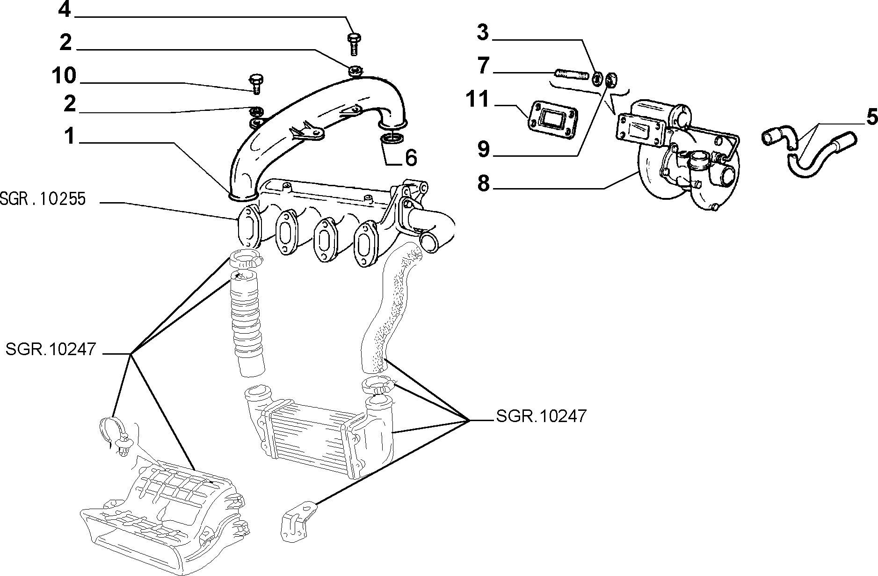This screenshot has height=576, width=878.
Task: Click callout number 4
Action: (64, 10)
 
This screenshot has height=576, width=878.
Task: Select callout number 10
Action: (64, 76)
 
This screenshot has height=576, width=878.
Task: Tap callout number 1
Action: (69, 136)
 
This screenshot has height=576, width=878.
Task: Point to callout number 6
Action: (410, 158)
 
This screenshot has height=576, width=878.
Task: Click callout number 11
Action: (477, 100)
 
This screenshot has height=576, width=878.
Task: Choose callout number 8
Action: (483, 183)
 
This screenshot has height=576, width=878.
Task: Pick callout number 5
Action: (871, 117)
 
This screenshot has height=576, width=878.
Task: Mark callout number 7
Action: (483, 66)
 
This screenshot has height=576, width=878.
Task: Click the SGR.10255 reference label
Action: (43, 199)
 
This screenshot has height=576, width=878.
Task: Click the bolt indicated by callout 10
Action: (255, 83)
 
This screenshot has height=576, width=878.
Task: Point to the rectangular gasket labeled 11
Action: (551, 120)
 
